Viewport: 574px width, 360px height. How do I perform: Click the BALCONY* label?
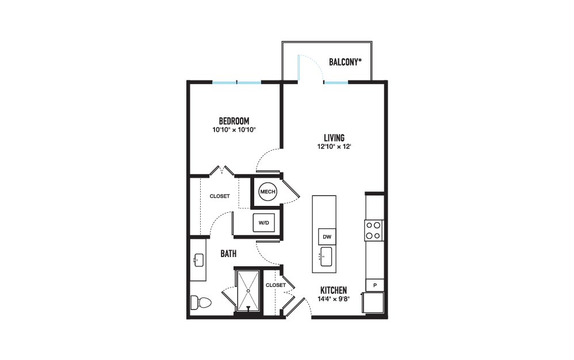(345, 62)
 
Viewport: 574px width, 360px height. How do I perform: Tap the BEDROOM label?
(234, 121)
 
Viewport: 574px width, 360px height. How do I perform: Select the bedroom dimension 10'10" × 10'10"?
(234, 129)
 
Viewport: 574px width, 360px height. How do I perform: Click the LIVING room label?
(334, 138)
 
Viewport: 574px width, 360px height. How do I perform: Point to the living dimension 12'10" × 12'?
(334, 147)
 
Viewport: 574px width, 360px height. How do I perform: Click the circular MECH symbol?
(267, 192)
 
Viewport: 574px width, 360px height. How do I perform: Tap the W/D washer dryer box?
(263, 223)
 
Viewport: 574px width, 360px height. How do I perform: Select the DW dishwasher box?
(327, 237)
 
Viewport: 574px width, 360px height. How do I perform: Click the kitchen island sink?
(326, 256)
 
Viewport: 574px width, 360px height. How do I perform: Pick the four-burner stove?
(374, 231)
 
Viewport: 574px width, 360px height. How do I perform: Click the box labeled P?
(375, 285)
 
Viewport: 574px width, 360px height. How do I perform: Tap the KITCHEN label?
(334, 290)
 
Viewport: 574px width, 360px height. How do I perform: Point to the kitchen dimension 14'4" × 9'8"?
(334, 299)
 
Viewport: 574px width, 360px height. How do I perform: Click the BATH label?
(228, 254)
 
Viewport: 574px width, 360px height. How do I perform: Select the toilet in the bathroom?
(201, 302)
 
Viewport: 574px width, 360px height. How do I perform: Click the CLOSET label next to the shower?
(275, 285)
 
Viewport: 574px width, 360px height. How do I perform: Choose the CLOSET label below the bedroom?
(220, 196)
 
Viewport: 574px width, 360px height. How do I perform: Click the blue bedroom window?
(237, 82)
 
